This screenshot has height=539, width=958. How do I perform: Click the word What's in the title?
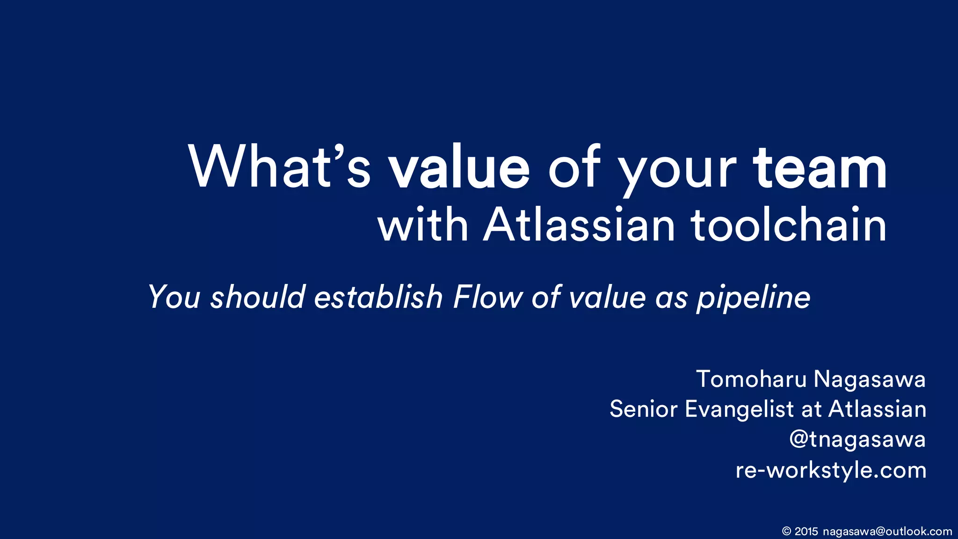click(279, 167)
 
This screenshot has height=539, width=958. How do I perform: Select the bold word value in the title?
click(459, 167)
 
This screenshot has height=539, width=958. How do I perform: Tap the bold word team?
click(820, 167)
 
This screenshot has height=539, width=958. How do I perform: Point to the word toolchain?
click(789, 226)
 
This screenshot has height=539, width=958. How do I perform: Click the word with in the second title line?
click(423, 226)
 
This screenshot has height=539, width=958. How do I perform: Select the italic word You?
click(174, 297)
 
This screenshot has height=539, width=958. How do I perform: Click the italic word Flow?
click(487, 297)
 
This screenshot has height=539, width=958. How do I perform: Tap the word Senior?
click(643, 409)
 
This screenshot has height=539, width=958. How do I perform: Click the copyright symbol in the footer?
click(786, 532)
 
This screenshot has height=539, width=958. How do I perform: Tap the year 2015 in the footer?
click(806, 532)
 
